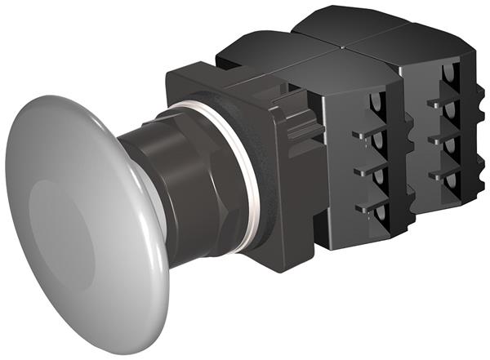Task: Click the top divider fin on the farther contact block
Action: (436, 104)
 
